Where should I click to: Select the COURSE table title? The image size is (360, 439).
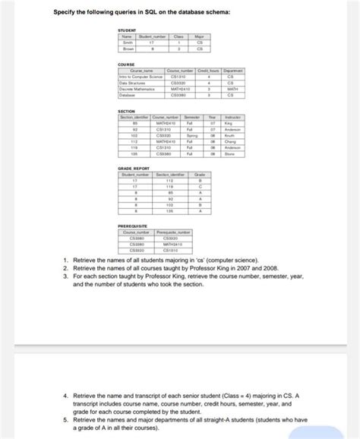point(127,65)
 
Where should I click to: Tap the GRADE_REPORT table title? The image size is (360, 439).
point(132,168)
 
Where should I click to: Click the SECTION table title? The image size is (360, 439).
point(127,111)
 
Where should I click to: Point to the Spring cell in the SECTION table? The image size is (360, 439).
point(191,134)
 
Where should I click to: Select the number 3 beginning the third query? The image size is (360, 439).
point(66,276)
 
